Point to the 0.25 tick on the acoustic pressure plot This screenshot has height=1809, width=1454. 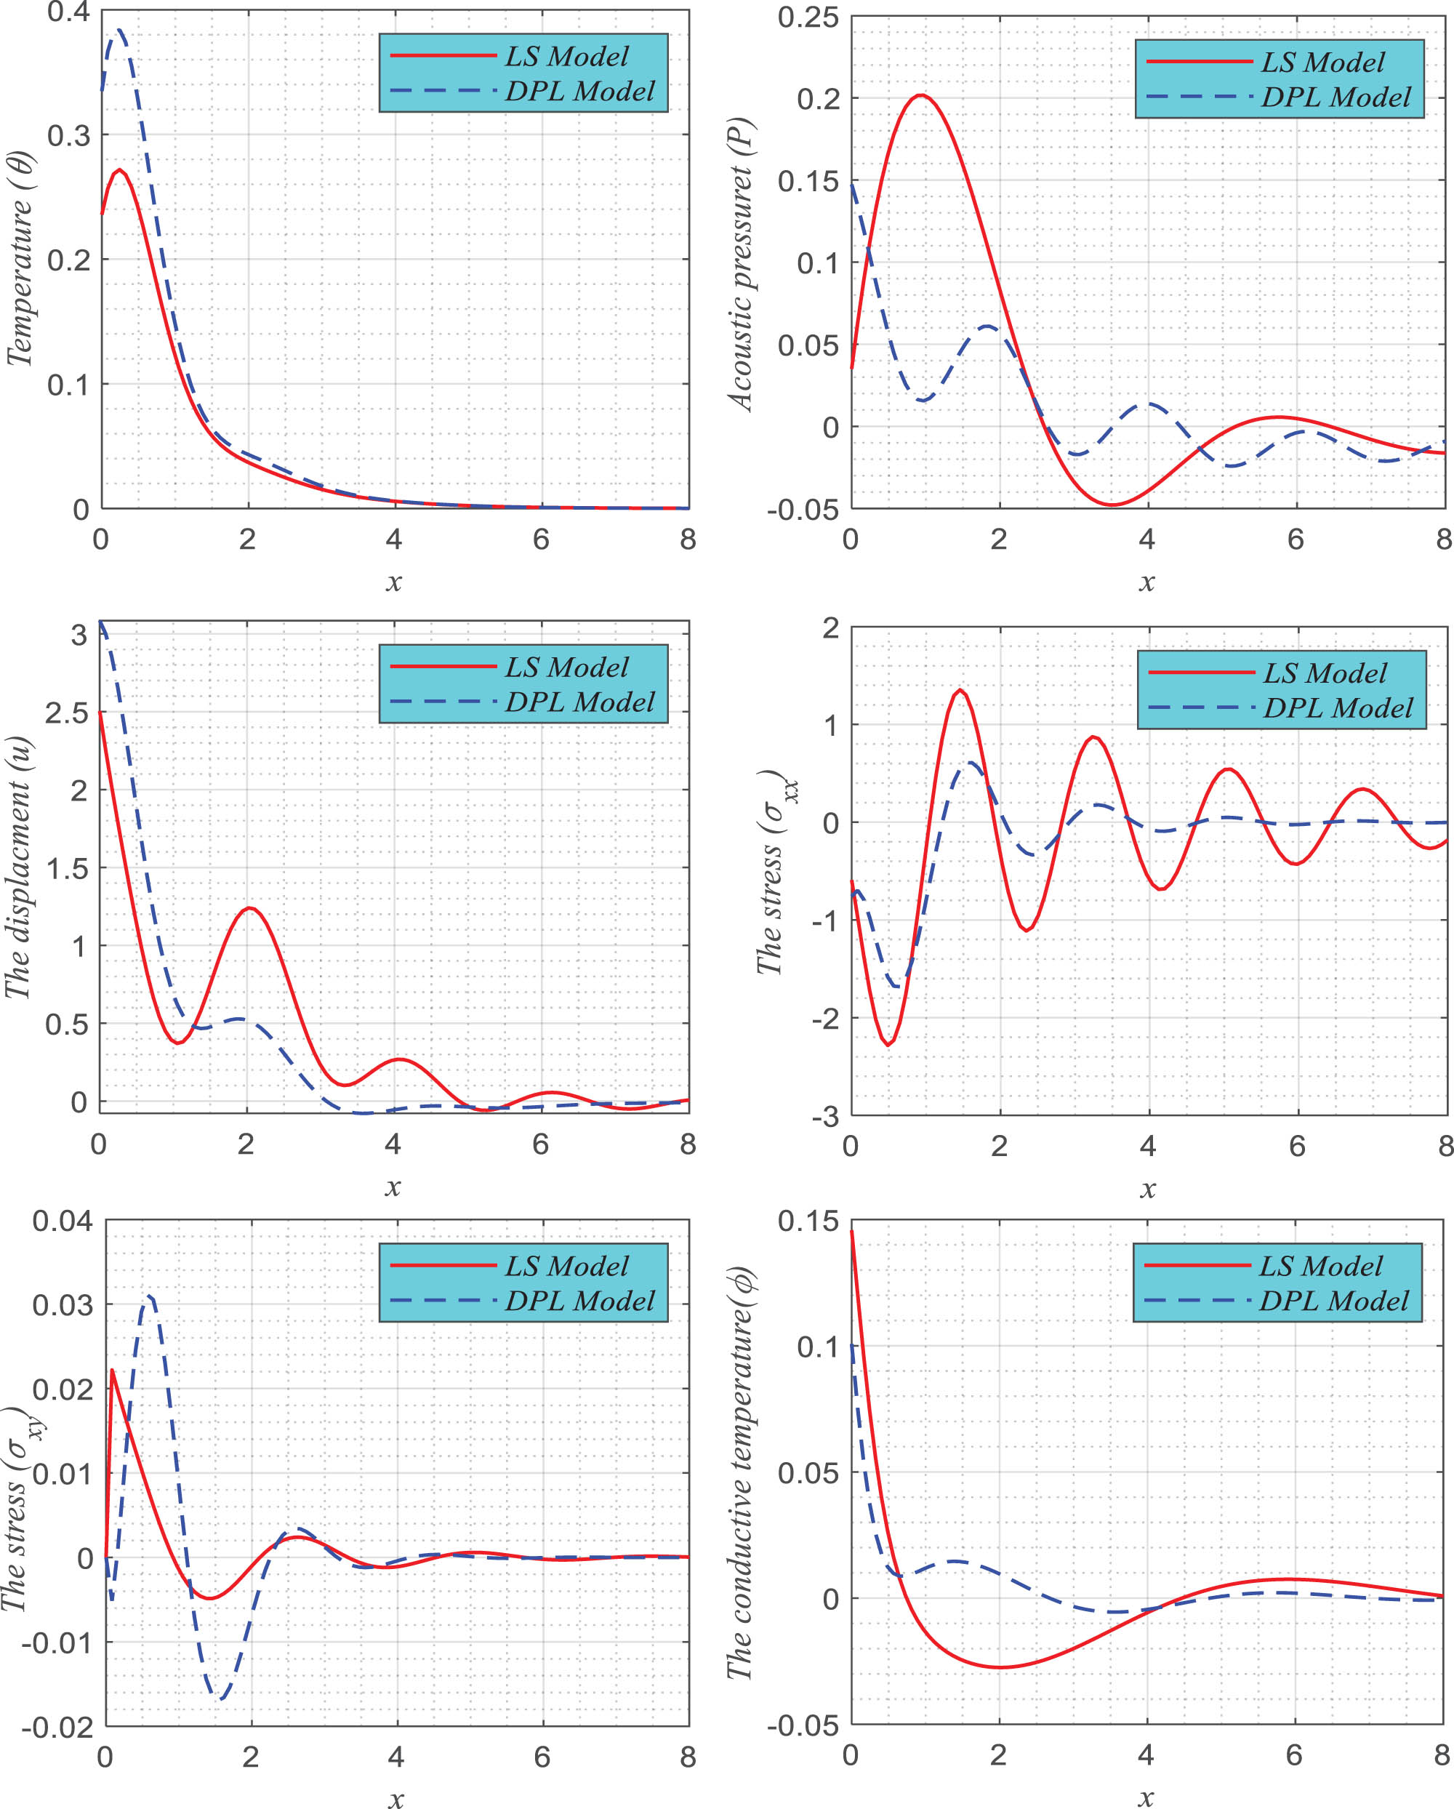pyautogui.click(x=807, y=17)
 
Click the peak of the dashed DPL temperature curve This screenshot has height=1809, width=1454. pyautogui.click(x=120, y=31)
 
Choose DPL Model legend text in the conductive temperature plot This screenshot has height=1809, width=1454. pyautogui.click(x=1334, y=1301)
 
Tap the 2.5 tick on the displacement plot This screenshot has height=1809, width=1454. pyautogui.click(x=67, y=713)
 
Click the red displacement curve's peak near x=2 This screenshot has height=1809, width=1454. pyautogui.click(x=249, y=908)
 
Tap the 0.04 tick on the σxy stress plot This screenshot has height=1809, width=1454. pyautogui.click(x=63, y=1221)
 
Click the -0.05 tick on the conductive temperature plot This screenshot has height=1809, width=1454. pyautogui.click(x=802, y=1726)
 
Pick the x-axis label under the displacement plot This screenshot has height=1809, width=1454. pyautogui.click(x=393, y=1187)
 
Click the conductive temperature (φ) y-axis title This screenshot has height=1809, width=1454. pyautogui.click(x=740, y=1472)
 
